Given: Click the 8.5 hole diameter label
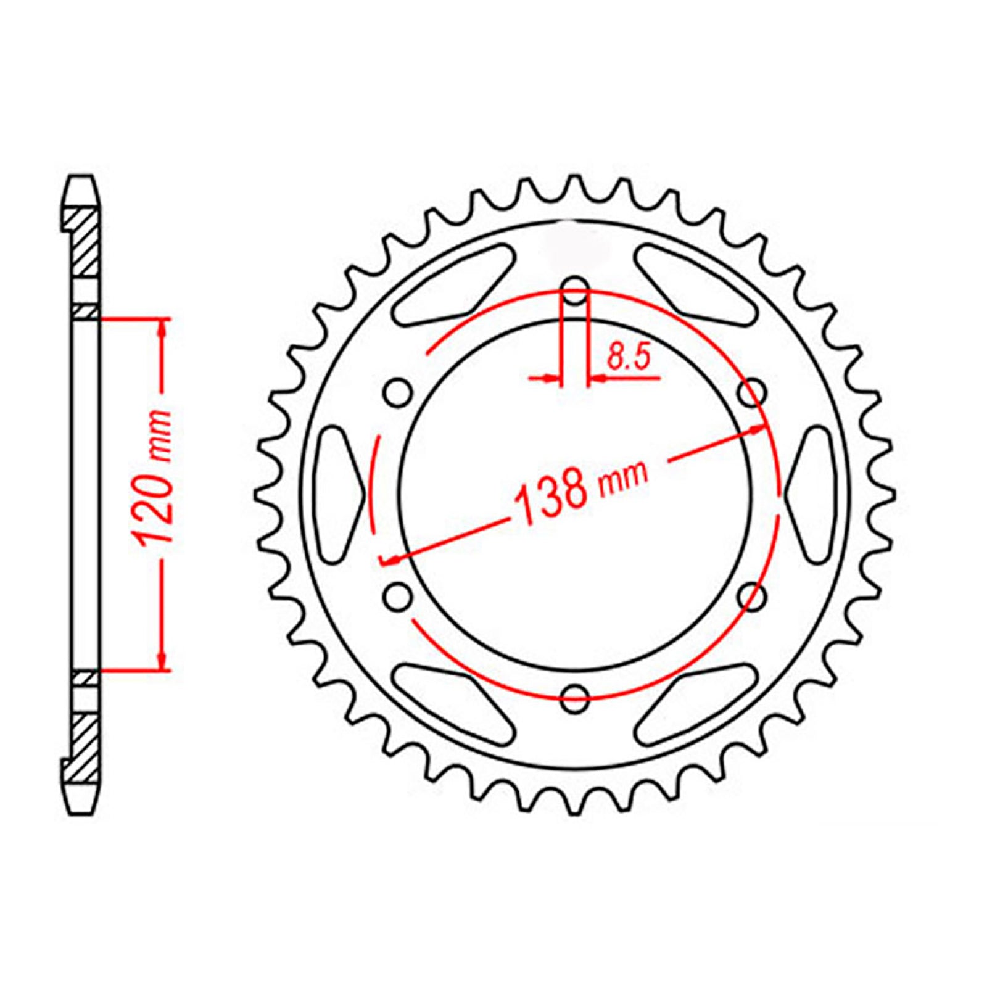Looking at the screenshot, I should (x=629, y=357).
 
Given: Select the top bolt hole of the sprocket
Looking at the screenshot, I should (x=575, y=291).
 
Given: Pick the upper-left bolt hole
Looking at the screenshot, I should (x=397, y=392).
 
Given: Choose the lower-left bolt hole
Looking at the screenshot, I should (x=397, y=596).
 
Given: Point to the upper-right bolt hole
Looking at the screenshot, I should (x=753, y=392).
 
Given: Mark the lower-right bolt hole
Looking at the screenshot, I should (x=753, y=596).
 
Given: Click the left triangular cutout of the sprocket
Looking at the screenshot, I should (x=337, y=494).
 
